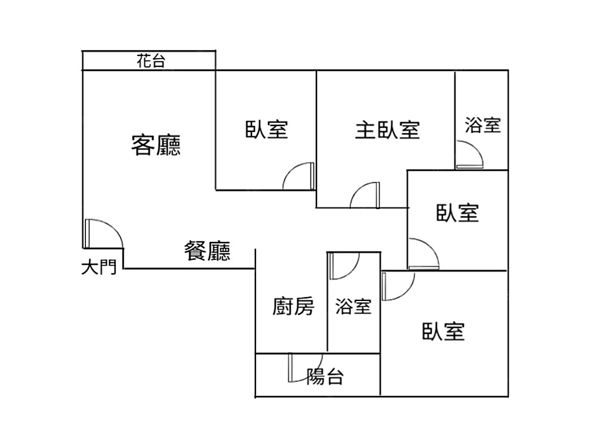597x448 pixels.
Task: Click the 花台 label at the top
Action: pyautogui.click(x=150, y=60)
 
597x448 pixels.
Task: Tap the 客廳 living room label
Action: pyautogui.click(x=156, y=145)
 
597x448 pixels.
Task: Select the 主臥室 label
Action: pyautogui.click(x=387, y=129)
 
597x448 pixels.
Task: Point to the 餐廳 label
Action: pyautogui.click(x=207, y=251)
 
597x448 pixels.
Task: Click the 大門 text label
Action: pyautogui.click(x=99, y=267)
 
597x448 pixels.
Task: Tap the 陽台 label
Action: pyautogui.click(x=325, y=376)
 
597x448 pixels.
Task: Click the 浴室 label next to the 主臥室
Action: pyautogui.click(x=482, y=125)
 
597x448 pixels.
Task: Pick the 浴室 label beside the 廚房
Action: pyautogui.click(x=353, y=307)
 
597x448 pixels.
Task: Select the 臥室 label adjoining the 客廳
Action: pyautogui.click(x=266, y=129)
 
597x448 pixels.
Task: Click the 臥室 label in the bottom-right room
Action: pyautogui.click(x=443, y=331)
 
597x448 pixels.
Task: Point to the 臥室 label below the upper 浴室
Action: pyautogui.click(x=458, y=212)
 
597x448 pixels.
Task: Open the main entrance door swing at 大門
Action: pyautogui.click(x=103, y=234)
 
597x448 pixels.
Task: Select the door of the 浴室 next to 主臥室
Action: pyautogui.click(x=470, y=154)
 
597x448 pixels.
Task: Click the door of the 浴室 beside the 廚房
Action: pyautogui.click(x=343, y=265)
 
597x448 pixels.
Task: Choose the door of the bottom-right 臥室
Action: pyautogui.click(x=397, y=286)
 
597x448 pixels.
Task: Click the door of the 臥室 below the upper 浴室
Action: pyautogui.click(x=423, y=254)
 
